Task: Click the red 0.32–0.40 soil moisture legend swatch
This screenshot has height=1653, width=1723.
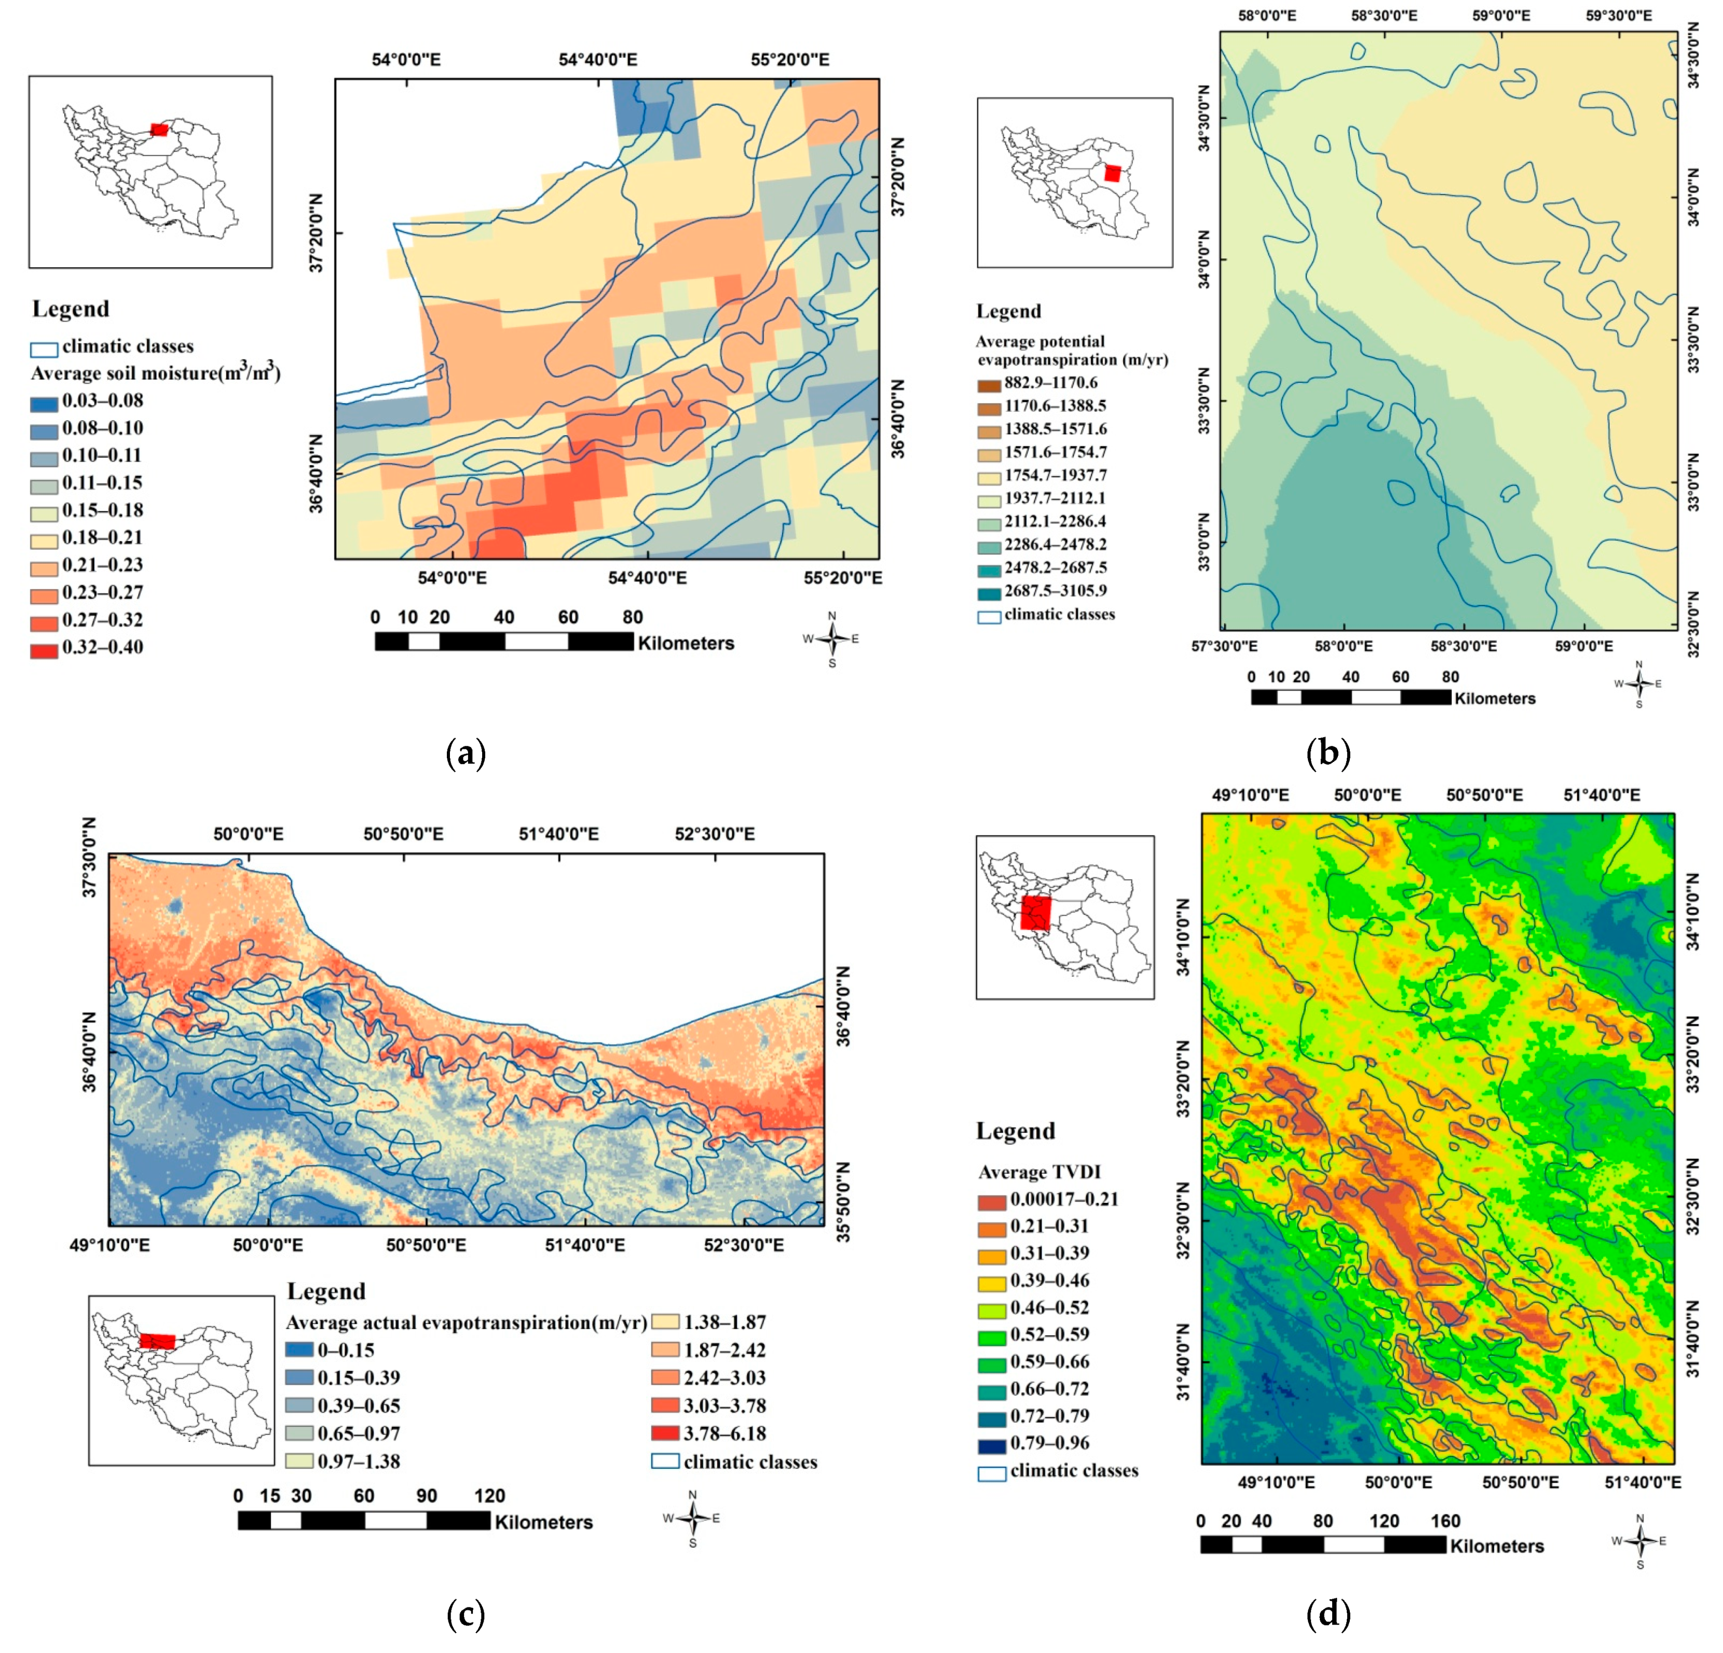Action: click(44, 651)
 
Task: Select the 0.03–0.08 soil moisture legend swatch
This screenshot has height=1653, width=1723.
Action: click(44, 404)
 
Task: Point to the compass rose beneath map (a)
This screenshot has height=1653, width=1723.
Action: click(831, 639)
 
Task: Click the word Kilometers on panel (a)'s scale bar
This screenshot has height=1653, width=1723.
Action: click(686, 643)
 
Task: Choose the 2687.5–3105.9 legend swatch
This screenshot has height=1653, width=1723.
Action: click(989, 593)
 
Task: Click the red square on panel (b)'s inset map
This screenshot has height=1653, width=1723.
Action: click(1112, 173)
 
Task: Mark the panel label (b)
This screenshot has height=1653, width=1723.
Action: click(1328, 753)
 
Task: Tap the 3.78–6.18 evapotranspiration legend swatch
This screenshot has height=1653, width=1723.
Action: click(665, 1433)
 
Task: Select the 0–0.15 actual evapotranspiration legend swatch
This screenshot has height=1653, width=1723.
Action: click(299, 1350)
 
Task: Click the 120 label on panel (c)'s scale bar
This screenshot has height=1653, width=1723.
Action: click(489, 1496)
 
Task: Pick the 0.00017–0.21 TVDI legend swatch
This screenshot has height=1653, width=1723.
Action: click(992, 1201)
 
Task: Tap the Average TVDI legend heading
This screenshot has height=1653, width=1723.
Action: click(1039, 1172)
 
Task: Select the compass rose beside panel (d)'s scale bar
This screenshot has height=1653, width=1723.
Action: click(1639, 1540)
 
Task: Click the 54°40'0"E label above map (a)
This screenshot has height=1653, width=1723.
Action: click(598, 60)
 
